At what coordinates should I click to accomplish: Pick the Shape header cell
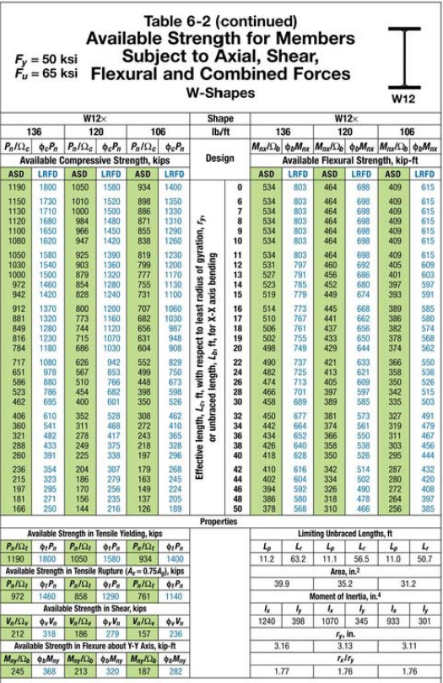point(221,119)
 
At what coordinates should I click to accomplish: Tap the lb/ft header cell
point(221,131)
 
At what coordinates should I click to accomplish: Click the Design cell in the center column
point(221,158)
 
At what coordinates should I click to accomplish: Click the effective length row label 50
point(240,508)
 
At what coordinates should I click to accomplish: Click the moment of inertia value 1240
point(266,618)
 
